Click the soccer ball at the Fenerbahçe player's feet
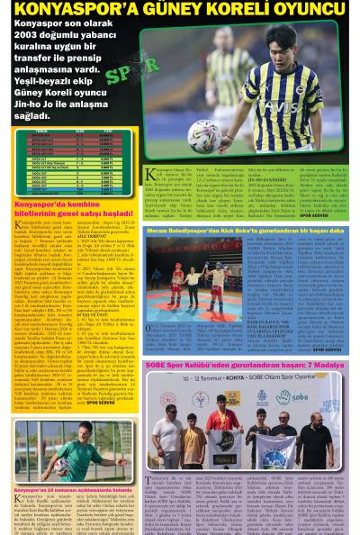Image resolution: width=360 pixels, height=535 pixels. pyautogui.click(x=204, y=136)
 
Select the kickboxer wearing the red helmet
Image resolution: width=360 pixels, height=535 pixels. pyautogui.click(x=177, y=279)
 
